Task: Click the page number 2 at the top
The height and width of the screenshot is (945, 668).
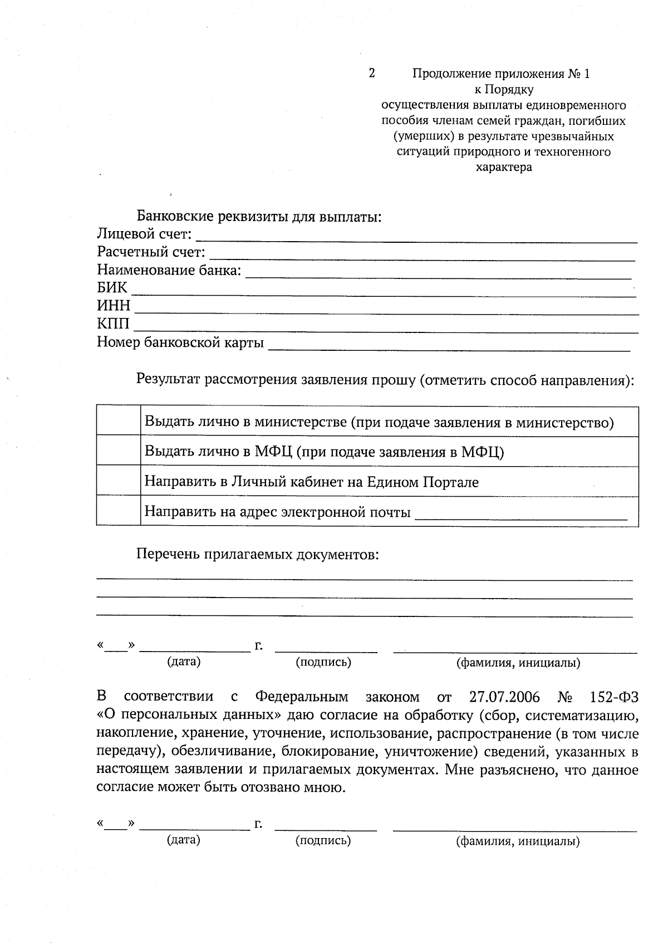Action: click(371, 73)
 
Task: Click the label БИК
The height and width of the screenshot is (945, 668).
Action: click(112, 288)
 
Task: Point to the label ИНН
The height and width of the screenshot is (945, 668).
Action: click(114, 306)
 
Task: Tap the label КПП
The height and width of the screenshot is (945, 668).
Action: click(113, 324)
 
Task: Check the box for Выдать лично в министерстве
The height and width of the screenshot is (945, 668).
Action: click(118, 422)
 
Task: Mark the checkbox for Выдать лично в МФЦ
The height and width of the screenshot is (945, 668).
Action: click(118, 451)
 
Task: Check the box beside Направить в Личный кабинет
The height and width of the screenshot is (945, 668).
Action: click(118, 481)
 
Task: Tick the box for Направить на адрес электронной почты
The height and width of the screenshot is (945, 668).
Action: click(118, 511)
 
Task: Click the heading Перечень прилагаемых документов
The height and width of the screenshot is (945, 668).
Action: click(258, 555)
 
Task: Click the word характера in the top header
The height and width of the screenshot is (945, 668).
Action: click(504, 167)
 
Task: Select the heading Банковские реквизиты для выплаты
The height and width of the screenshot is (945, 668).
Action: click(259, 216)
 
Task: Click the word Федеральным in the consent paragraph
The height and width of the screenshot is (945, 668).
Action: click(302, 697)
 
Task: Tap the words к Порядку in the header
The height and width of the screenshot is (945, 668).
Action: click(504, 89)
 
